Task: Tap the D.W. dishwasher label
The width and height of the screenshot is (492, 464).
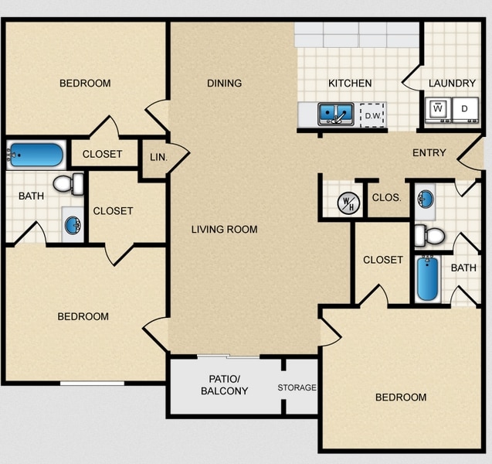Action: click(374, 116)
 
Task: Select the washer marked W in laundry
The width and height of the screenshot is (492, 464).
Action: click(438, 110)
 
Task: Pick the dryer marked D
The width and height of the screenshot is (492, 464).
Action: click(465, 110)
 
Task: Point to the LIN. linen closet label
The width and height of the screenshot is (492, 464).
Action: click(156, 157)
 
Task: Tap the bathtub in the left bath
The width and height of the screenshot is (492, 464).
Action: click(36, 155)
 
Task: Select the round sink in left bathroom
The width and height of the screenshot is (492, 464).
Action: click(72, 226)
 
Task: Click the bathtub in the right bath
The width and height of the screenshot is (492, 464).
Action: click(427, 279)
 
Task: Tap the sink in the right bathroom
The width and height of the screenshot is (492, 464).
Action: click(425, 198)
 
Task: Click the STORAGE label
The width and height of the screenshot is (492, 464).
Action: click(297, 387)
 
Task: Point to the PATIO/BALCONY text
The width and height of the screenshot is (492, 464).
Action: click(224, 385)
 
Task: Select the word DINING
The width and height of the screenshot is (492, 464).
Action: click(225, 83)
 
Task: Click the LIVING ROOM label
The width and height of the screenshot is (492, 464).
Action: click(225, 229)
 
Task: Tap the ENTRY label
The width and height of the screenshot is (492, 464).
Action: click(429, 152)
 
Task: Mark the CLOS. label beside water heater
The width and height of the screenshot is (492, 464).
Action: click(386, 197)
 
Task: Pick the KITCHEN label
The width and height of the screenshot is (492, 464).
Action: click(350, 83)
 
